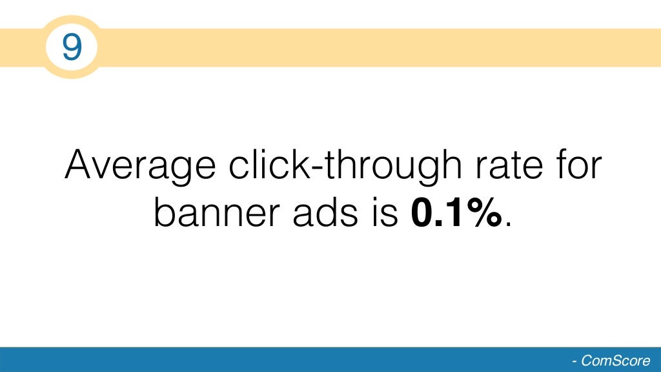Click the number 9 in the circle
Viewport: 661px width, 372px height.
[x=71, y=47]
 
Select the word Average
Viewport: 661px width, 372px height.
[x=140, y=166]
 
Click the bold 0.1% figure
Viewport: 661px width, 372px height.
[x=456, y=214]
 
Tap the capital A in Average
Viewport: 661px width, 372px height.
[x=81, y=165]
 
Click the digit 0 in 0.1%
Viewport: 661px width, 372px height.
[x=423, y=214]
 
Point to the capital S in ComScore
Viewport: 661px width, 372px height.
[x=617, y=361]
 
